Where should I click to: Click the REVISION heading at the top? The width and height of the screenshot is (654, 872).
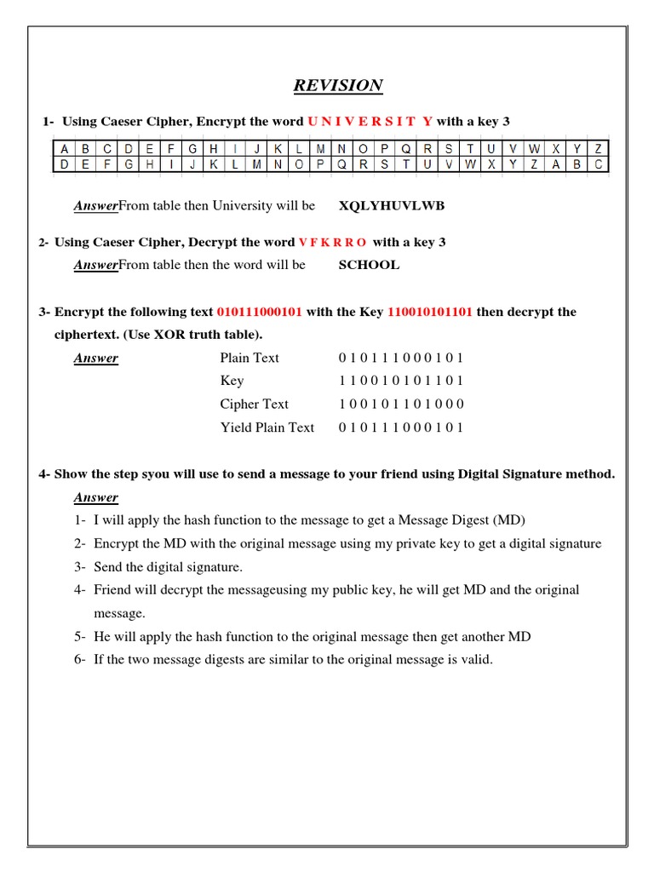pyautogui.click(x=338, y=85)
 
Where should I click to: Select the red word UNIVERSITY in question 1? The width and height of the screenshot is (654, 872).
pyautogui.click(x=370, y=122)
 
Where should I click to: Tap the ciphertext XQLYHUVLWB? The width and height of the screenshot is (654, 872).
pyautogui.click(x=392, y=206)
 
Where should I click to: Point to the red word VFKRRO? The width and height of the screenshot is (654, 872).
pyautogui.click(x=333, y=243)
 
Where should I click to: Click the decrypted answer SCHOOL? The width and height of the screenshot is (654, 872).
pyautogui.click(x=369, y=265)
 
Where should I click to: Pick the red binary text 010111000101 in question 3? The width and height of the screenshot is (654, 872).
pyautogui.click(x=260, y=313)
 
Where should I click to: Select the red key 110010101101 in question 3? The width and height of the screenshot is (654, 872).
pyautogui.click(x=430, y=313)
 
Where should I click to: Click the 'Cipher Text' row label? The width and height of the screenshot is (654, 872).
pyautogui.click(x=254, y=404)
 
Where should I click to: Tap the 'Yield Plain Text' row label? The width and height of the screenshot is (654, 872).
pyautogui.click(x=267, y=427)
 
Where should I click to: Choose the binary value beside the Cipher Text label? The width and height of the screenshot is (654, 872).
pyautogui.click(x=401, y=404)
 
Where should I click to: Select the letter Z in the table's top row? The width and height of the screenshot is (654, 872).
pyautogui.click(x=599, y=148)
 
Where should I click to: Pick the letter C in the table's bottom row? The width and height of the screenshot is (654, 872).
pyautogui.click(x=599, y=164)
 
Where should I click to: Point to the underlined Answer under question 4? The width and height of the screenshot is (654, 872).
pyautogui.click(x=95, y=497)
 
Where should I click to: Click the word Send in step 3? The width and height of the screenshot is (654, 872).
pyautogui.click(x=110, y=566)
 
